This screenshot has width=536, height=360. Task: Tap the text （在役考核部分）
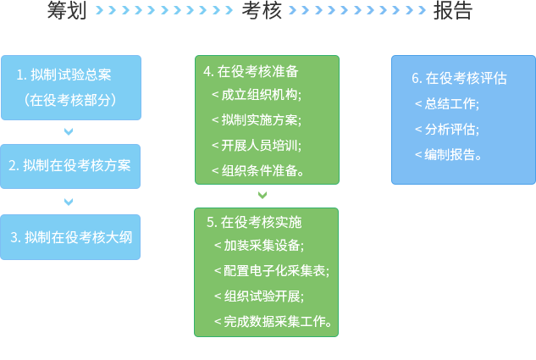coord(70,99)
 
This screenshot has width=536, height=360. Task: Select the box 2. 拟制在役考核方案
coord(70,165)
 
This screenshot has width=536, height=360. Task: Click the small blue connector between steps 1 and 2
coord(69,131)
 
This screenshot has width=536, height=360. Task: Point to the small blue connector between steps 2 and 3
coord(69,202)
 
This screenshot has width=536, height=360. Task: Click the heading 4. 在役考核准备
coord(251,71)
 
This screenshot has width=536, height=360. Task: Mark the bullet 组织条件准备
coord(259,170)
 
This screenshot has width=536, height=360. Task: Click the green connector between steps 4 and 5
coord(262,195)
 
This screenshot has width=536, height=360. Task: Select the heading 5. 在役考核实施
coord(254,222)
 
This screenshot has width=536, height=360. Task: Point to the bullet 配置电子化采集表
coord(273,270)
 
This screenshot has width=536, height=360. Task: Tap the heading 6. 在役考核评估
coord(459,78)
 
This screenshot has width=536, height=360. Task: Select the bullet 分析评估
coord(448,129)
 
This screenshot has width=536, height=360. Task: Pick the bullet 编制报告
coord(450,154)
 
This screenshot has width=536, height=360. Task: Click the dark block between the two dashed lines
coord(262,10)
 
